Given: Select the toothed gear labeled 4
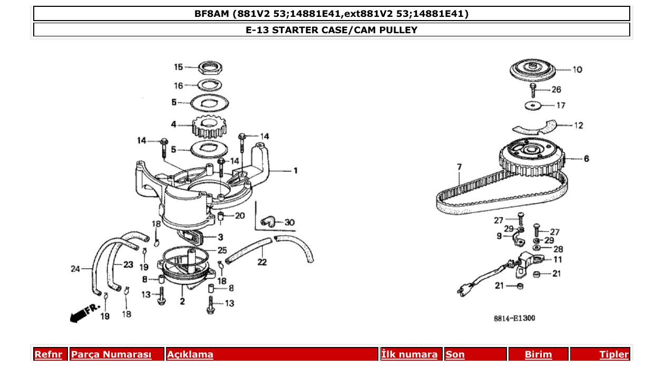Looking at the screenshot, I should tap(210, 126).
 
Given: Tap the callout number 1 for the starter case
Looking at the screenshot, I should tap(296, 170).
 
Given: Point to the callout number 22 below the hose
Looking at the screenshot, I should tap(262, 262).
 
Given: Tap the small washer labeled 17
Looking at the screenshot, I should tap(534, 105).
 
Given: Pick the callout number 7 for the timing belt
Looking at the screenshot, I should tap(459, 167).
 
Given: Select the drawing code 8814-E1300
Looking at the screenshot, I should tap(514, 318).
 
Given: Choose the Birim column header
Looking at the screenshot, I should tap(538, 354).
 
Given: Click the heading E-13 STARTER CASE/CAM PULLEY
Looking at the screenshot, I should tap(331, 30).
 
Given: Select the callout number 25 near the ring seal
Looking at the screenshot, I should tap(222, 251).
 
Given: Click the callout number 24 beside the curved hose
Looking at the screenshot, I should tap(75, 269).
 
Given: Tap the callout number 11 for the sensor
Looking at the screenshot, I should tap(558, 259).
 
